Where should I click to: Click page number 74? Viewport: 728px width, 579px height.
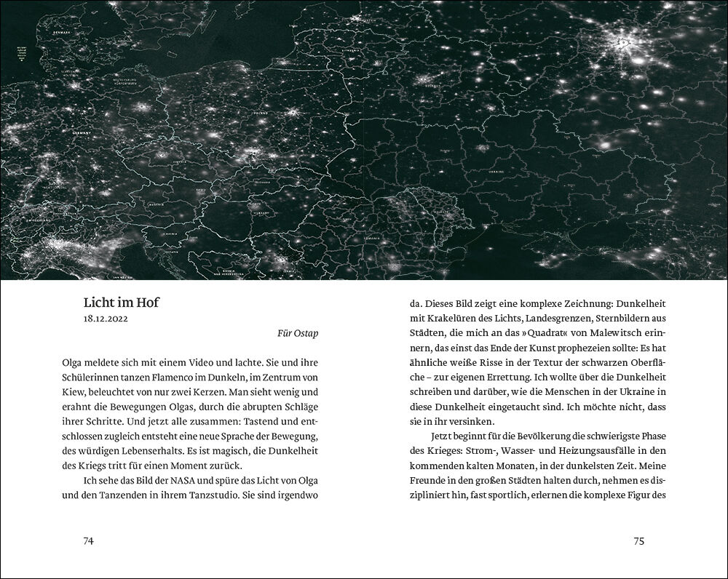tap(88, 540)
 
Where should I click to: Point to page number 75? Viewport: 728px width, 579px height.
tap(639, 540)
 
